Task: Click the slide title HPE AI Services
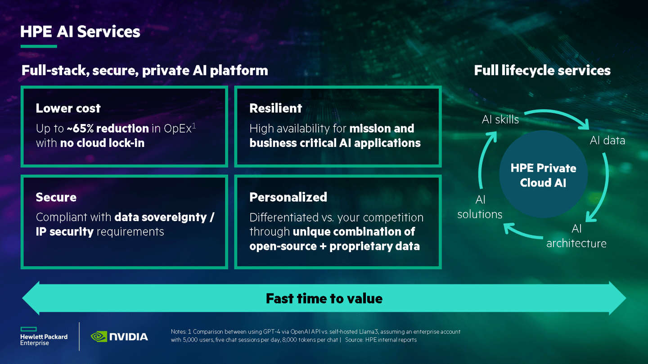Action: [x=80, y=32]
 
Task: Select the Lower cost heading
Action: [x=68, y=108]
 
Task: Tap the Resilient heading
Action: [x=275, y=108]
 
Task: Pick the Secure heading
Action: [x=56, y=197]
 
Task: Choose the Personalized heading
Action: [x=288, y=197]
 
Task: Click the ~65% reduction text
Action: [x=108, y=129]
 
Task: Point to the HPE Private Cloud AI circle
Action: [x=543, y=175]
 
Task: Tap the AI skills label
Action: [x=500, y=120]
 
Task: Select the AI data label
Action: [x=607, y=141]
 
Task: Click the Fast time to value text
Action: [x=324, y=298]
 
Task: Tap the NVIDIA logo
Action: [x=119, y=336]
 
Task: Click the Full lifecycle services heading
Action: [x=542, y=71]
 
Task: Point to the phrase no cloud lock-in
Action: [x=102, y=143]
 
